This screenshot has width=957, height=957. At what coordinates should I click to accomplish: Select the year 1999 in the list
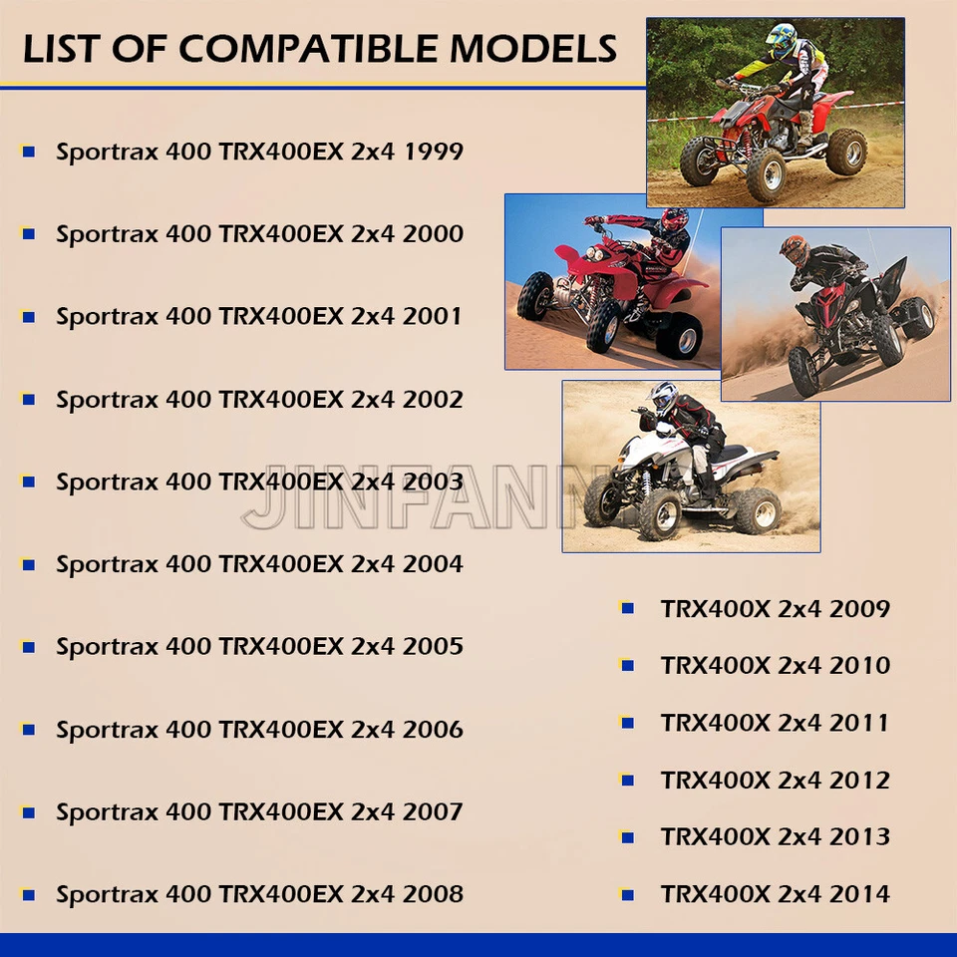pyautogui.click(x=433, y=152)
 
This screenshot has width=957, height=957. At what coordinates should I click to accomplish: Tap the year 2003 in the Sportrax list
pyautogui.click(x=433, y=482)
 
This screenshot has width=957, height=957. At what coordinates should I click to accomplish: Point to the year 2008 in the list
pyautogui.click(x=433, y=894)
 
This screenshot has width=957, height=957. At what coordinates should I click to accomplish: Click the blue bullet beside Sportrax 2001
pyautogui.click(x=29, y=317)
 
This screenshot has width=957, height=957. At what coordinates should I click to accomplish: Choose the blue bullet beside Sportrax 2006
pyautogui.click(x=29, y=730)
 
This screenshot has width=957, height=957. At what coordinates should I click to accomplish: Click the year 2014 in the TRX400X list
pyautogui.click(x=859, y=894)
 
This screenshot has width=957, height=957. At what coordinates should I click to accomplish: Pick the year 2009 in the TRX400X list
pyautogui.click(x=859, y=608)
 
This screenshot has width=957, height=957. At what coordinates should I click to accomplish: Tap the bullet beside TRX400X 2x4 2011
pyautogui.click(x=627, y=723)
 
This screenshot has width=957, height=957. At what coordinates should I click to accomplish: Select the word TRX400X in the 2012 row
pyautogui.click(x=715, y=780)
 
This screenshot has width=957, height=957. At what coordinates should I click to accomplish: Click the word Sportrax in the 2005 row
pyautogui.click(x=107, y=647)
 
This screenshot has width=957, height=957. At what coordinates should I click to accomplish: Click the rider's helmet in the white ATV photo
pyautogui.click(x=663, y=398)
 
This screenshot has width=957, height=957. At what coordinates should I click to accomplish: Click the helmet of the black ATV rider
pyautogui.click(x=794, y=250)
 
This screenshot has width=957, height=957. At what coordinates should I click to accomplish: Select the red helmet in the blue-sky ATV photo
pyautogui.click(x=674, y=221)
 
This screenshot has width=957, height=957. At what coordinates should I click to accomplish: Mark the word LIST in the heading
pyautogui.click(x=64, y=48)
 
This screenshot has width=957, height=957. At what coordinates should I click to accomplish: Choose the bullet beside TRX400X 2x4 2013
pyautogui.click(x=627, y=837)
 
